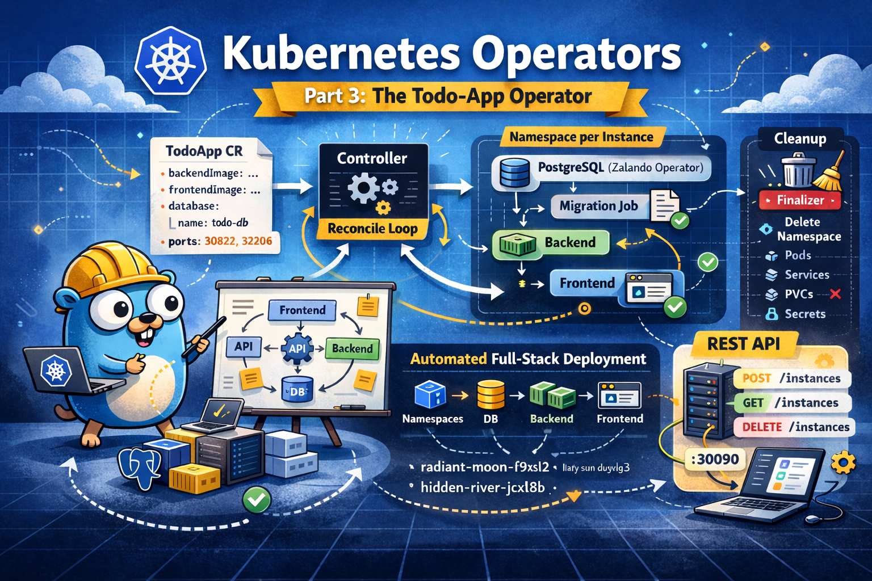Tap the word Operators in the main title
coord(576,54)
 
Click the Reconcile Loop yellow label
coord(372,229)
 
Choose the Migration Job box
coord(598,206)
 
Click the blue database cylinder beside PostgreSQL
coord(515,172)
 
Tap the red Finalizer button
coord(800,200)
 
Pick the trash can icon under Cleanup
coord(798,170)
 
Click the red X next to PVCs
coord(835,294)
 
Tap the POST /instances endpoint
coord(792,378)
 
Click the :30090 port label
coord(715,459)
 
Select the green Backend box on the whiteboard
coord(352,348)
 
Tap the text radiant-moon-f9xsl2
coord(485,467)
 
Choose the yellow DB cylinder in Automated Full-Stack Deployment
coord(491,395)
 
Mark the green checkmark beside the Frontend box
coord(675,307)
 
